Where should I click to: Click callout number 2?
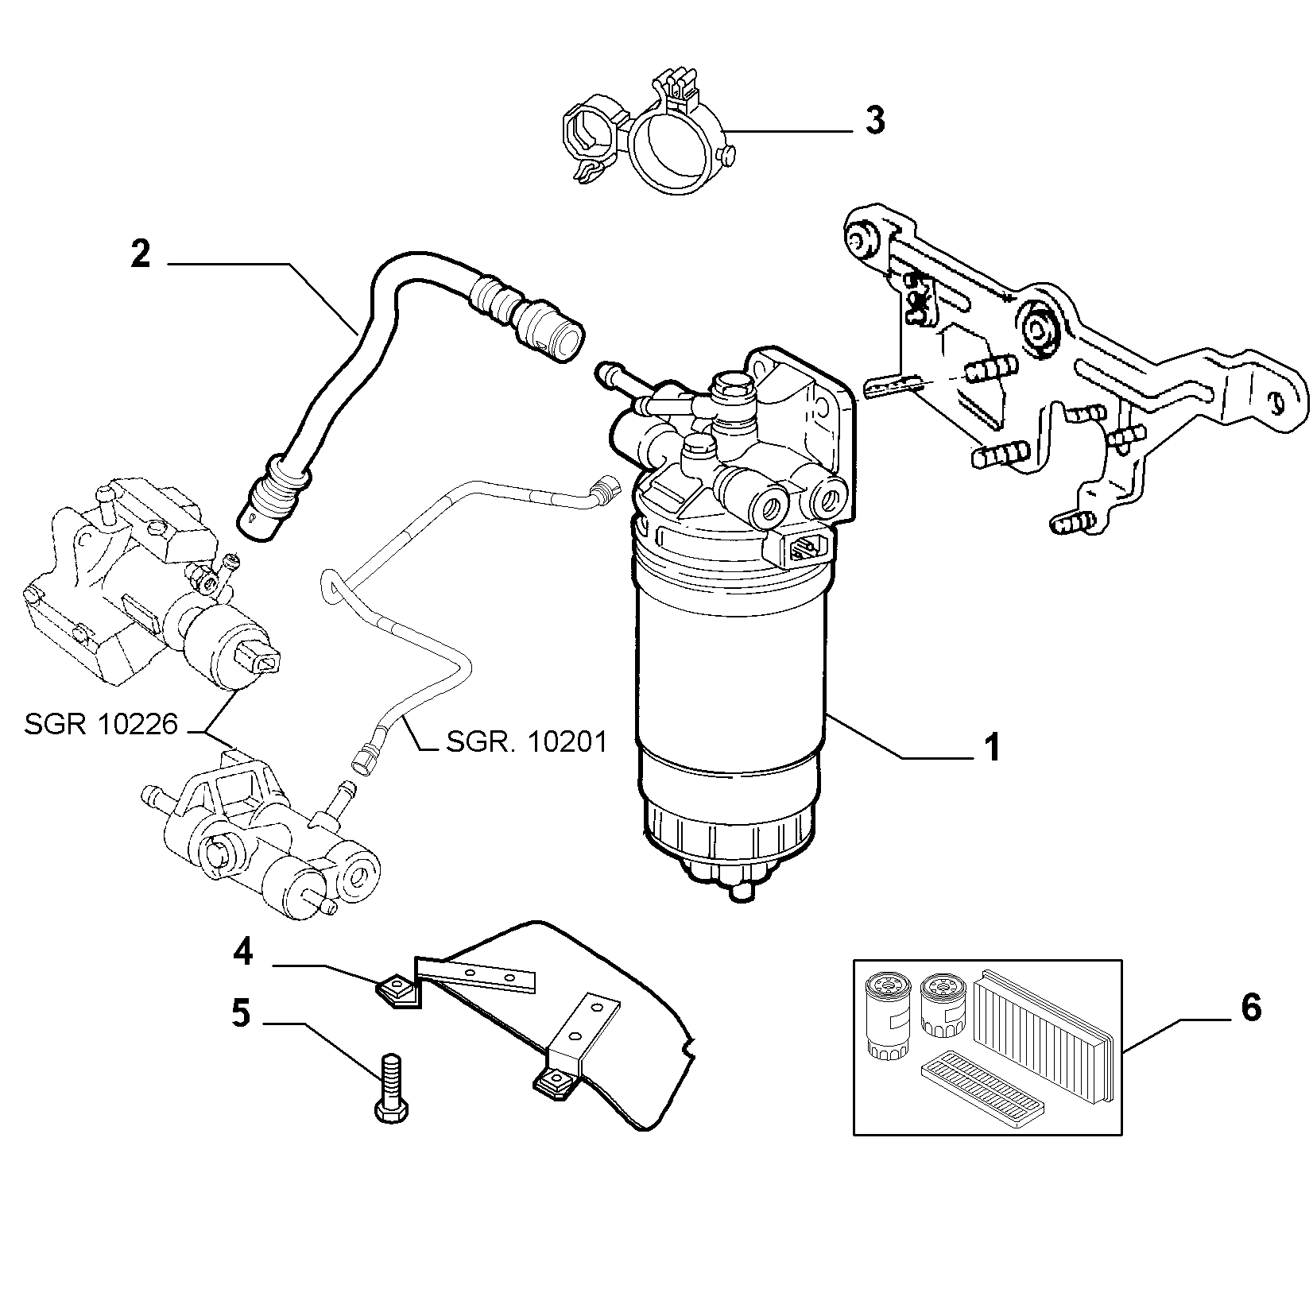click(x=140, y=255)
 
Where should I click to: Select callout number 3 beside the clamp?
click(x=873, y=121)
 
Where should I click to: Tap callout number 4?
click(x=242, y=952)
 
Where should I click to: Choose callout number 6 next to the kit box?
click(x=1250, y=1008)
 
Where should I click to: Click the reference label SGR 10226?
click(x=101, y=725)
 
